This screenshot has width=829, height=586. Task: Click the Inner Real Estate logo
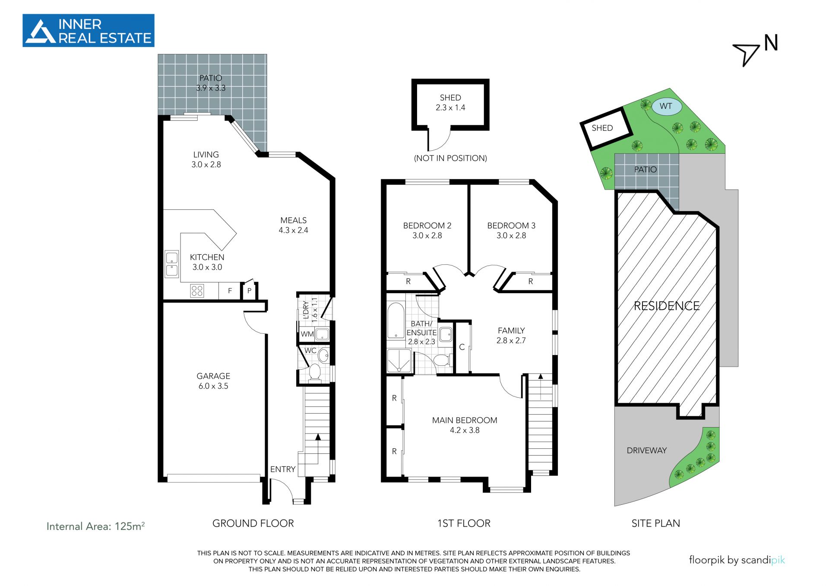click(x=88, y=30)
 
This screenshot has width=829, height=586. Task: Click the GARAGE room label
click(x=213, y=376)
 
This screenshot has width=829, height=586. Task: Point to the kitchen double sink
click(x=172, y=264)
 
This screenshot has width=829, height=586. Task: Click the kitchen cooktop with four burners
click(x=197, y=291)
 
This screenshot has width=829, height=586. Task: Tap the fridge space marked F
click(x=230, y=291)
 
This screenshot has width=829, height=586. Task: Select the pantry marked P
click(x=249, y=291)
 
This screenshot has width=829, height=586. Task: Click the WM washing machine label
click(x=307, y=334)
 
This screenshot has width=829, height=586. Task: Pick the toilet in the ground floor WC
click(x=314, y=372)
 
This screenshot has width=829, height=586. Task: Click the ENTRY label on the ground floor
click(x=283, y=469)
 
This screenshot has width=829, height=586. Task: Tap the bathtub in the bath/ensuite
click(x=396, y=320)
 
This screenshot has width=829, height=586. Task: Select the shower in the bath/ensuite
click(x=399, y=361)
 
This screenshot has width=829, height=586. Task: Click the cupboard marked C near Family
click(x=462, y=347)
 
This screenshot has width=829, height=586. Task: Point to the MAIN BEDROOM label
click(x=465, y=420)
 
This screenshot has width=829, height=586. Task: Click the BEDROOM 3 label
click(x=511, y=225)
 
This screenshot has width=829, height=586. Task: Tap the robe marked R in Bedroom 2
click(x=408, y=282)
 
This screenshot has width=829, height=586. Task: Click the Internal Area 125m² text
click(x=95, y=526)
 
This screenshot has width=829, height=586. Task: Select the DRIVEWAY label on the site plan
click(x=646, y=450)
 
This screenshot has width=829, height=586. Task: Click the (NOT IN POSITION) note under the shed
click(x=450, y=158)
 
